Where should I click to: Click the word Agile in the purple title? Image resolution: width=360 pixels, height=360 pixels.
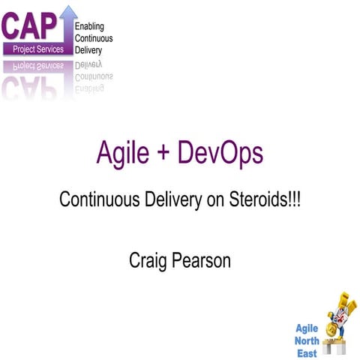coord(123,154)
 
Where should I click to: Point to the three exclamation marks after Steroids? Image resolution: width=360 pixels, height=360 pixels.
coord(295,200)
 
